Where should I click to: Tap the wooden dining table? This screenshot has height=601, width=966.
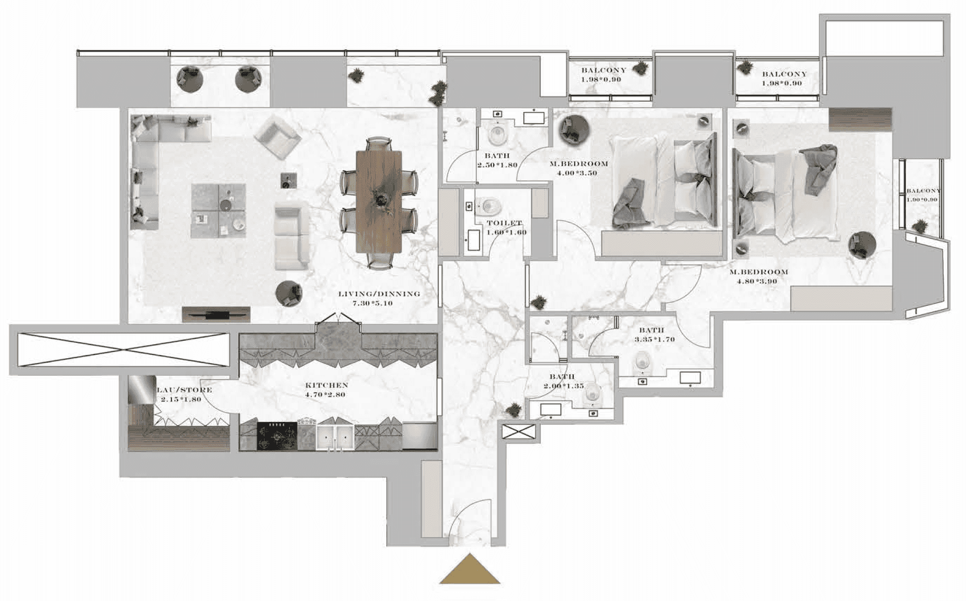pyautogui.click(x=379, y=201)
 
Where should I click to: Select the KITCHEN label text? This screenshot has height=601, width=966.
pyautogui.click(x=326, y=389)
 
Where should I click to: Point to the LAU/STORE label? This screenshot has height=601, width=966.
pyautogui.click(x=184, y=394)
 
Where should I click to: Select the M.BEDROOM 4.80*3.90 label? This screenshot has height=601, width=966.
pyautogui.click(x=758, y=276)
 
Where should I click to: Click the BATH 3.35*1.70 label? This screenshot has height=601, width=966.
pyautogui.click(x=653, y=334)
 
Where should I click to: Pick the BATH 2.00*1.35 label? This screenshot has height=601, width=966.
pyautogui.click(x=563, y=381)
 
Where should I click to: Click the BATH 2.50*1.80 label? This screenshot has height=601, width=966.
pyautogui.click(x=497, y=160)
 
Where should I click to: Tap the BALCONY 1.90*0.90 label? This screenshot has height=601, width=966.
pyautogui.click(x=922, y=195)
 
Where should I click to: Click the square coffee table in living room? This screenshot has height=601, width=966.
pyautogui.click(x=218, y=210)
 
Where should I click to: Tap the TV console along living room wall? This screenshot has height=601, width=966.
pyautogui.click(x=216, y=314)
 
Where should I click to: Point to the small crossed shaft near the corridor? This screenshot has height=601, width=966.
pyautogui.click(x=518, y=431)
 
